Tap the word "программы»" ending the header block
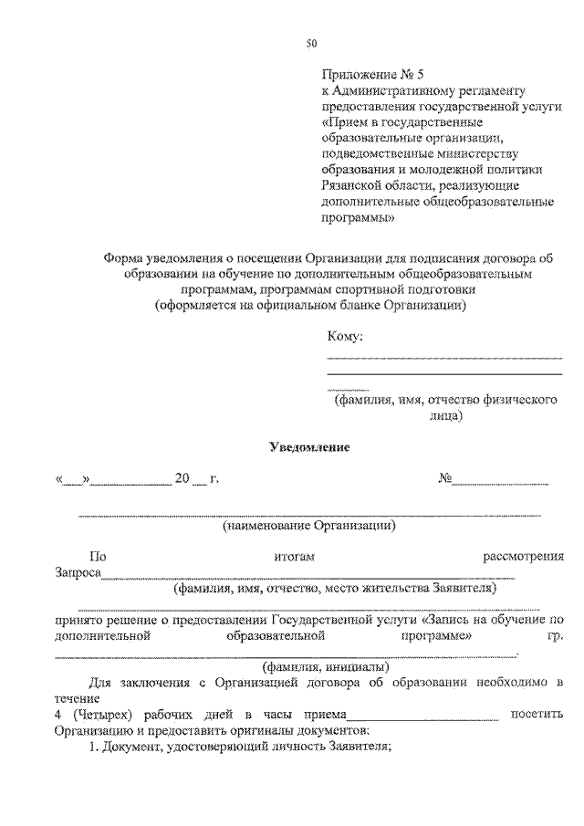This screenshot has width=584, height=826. [x=359, y=218]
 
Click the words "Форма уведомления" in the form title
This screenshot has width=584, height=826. [x=160, y=258]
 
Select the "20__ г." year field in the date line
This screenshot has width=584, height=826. [x=195, y=477]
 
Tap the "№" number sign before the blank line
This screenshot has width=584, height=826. [x=445, y=477]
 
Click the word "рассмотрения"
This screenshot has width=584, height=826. [x=524, y=556]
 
